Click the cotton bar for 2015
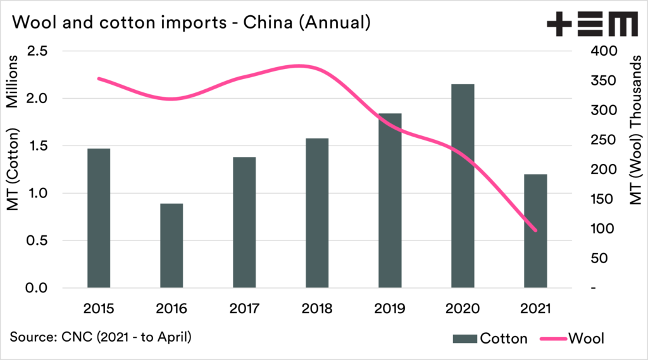(x=99, y=218)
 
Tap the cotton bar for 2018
(x=317, y=213)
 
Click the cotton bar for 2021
(x=535, y=231)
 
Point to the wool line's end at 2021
(x=535, y=230)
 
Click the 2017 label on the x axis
(x=244, y=309)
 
